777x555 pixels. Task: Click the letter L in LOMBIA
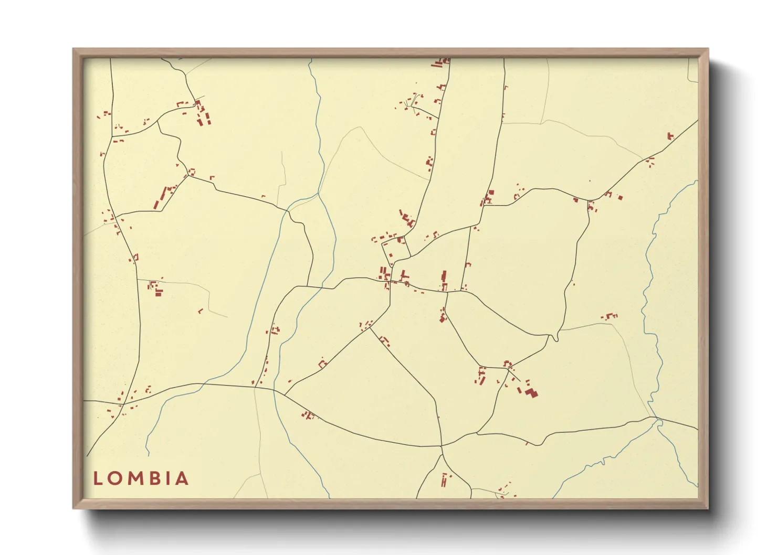pos(97,478)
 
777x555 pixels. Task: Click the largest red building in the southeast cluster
pos(532,392)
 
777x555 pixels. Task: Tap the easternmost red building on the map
pos(670,136)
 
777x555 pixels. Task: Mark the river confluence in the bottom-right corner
pos(656,419)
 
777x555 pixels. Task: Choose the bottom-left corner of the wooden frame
pos(74,508)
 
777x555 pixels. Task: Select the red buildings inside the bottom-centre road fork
pos(445,479)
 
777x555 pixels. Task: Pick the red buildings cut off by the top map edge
pos(441,62)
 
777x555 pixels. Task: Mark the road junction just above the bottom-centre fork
pos(442,446)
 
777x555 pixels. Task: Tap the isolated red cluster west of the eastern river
pos(610,316)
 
